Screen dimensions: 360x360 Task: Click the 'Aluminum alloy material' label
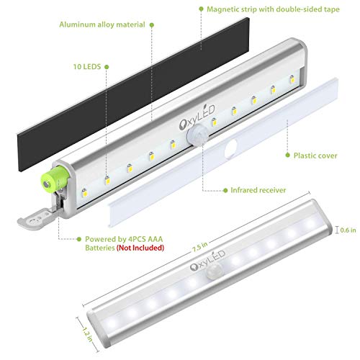(x=100, y=24)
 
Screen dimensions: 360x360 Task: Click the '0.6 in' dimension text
(x=348, y=230)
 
